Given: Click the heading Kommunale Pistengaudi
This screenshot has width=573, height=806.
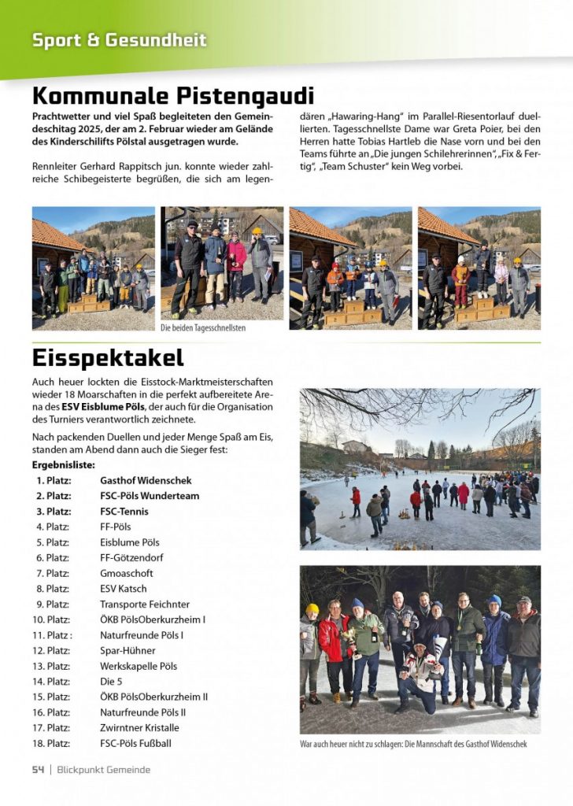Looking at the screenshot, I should tap(173, 96).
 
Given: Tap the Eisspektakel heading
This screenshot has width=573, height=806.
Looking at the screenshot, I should tap(108, 357).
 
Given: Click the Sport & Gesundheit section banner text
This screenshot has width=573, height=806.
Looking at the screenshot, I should tap(120, 39).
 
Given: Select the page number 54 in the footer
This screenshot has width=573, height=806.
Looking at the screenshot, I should tap(38, 769).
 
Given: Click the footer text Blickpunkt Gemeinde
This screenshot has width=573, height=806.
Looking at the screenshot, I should tap(103, 769).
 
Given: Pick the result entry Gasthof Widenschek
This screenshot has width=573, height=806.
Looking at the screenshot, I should tap(146, 480).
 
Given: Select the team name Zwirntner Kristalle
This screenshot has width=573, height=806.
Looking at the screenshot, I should tap(139, 727).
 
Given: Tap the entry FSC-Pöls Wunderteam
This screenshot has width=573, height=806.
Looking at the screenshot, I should tap(150, 496).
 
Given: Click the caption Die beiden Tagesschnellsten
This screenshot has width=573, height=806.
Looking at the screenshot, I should tap(203, 327).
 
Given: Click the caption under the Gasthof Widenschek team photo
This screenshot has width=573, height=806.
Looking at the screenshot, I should tap(413, 744).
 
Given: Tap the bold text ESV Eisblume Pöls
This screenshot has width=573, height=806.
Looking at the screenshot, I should tap(103, 407).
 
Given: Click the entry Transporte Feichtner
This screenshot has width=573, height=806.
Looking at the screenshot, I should tap(145, 604).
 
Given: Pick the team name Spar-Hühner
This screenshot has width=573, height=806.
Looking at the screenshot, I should tap(128, 650).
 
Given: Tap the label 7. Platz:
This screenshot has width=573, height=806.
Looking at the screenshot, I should tap(52, 573).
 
